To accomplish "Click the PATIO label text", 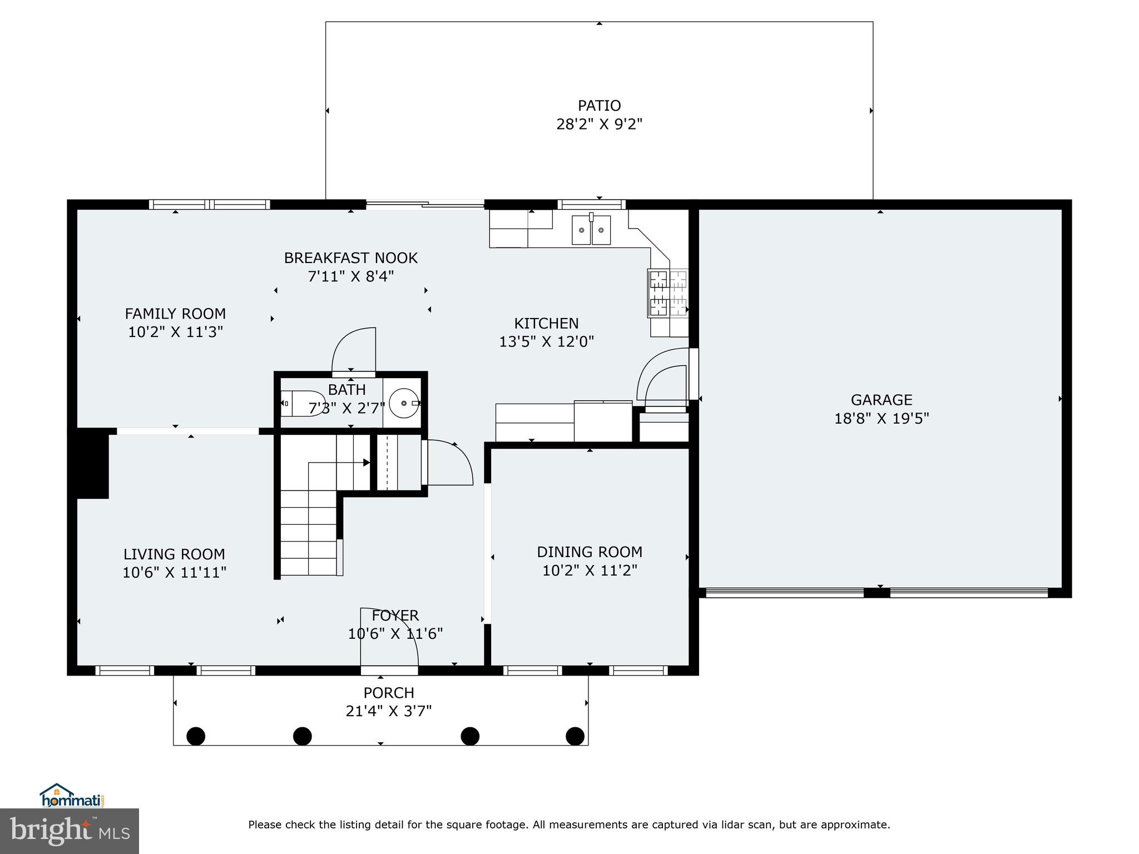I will [599, 106].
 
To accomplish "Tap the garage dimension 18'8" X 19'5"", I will [882, 418].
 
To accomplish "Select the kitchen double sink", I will [591, 230].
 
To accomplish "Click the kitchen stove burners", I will [667, 293].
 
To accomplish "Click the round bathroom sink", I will [404, 403].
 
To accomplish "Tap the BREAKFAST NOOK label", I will [350, 258].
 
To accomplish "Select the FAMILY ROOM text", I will [175, 314].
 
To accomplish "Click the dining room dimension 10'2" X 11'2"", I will [590, 570].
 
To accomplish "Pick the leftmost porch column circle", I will [195, 736].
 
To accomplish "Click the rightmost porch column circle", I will [575, 736].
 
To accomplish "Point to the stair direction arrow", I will [365, 462].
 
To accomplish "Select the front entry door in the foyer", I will [389, 639].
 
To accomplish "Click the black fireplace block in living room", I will [92, 463].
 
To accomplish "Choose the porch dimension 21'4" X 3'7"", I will [389, 711].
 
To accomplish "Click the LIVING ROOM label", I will [174, 554].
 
